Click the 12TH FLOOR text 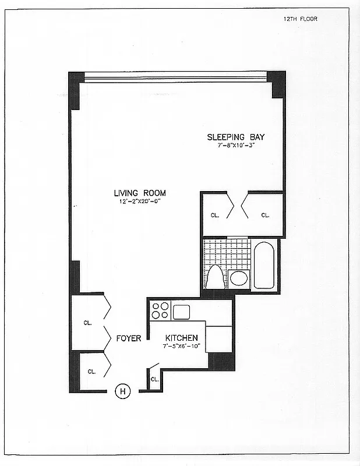tap(300, 19)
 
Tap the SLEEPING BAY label tap(236, 137)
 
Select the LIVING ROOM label tap(140, 193)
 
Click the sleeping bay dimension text tap(236, 145)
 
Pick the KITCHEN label tap(182, 338)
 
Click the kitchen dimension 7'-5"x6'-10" tap(182, 346)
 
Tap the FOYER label tap(128, 338)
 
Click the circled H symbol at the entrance tap(123, 391)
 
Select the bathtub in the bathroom tap(264, 265)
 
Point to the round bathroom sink tap(238, 277)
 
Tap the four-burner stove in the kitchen tap(160, 310)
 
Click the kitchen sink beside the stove tap(182, 311)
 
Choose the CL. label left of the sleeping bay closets tap(215, 215)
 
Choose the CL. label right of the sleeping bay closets tap(265, 215)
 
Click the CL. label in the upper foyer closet tap(87, 322)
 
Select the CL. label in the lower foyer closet tap(91, 371)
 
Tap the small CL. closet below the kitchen tap(154, 379)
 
